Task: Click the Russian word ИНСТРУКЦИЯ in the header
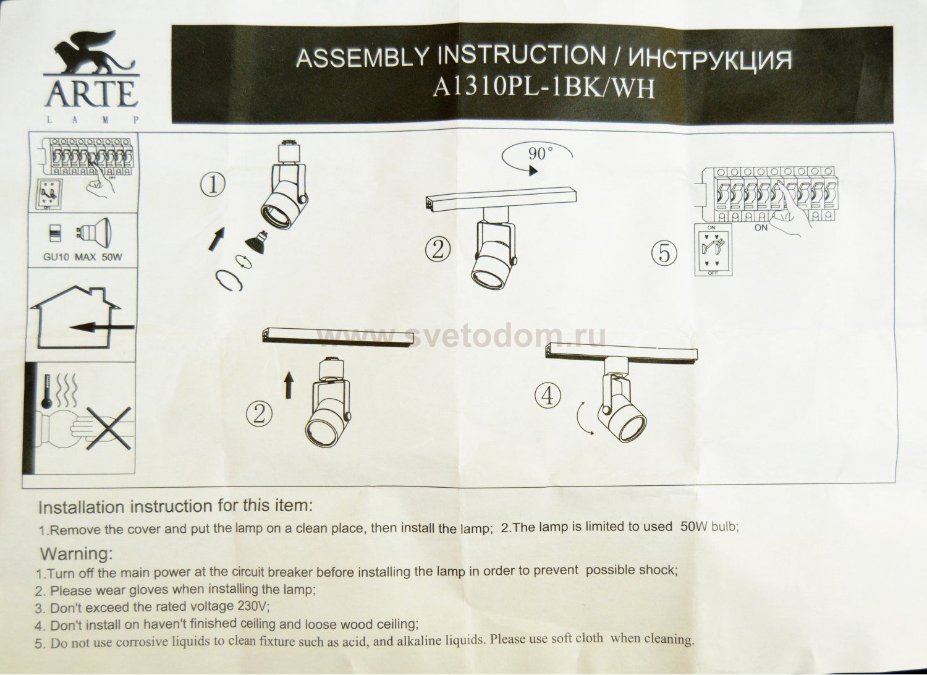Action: tap(709, 60)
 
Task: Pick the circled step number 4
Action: tap(548, 396)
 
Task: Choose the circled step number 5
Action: tap(665, 253)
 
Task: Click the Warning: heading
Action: tap(76, 552)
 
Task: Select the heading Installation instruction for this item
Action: tap(176, 507)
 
